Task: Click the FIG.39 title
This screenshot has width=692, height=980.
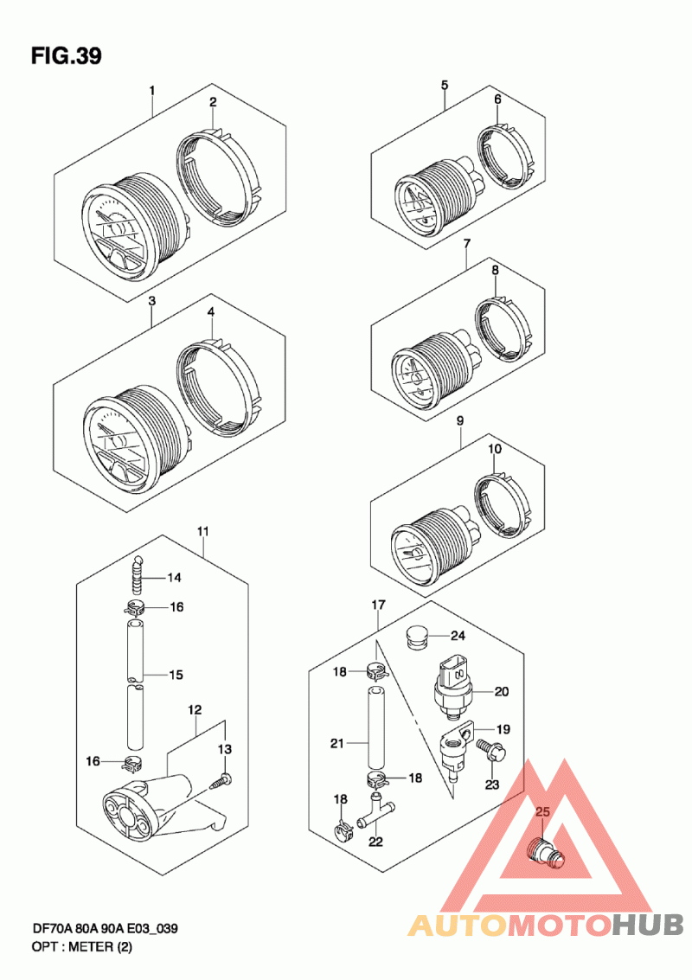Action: [67, 56]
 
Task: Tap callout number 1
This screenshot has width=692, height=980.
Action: [152, 91]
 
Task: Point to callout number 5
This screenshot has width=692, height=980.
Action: [445, 85]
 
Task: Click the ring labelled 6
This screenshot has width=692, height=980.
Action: [505, 156]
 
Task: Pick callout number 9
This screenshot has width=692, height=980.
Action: [460, 421]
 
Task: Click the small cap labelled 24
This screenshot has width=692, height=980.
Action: [413, 637]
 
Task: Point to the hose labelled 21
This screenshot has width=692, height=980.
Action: [375, 727]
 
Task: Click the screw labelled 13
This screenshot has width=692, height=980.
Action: [222, 780]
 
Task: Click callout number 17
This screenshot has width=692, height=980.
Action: [378, 605]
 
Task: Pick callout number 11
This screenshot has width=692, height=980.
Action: [203, 532]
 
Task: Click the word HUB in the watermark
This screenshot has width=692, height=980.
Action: [648, 924]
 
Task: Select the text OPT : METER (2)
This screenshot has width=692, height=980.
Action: [82, 947]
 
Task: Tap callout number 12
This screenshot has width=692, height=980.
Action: [195, 710]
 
